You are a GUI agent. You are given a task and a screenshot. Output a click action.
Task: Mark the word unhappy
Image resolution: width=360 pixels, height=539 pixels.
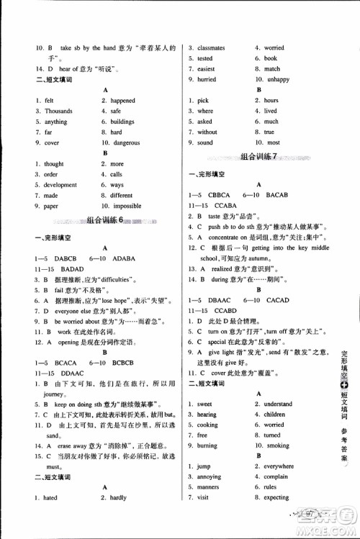(x=277, y=80)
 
